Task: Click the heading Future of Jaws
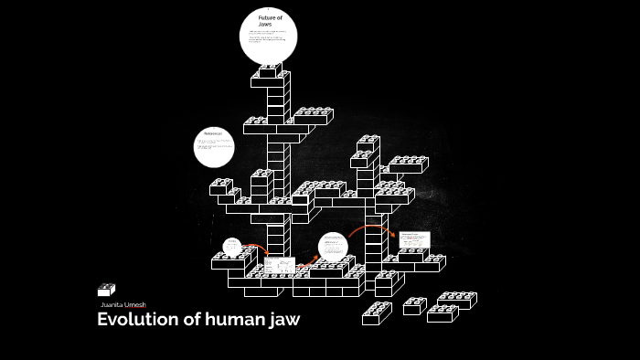[269, 21]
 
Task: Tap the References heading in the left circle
[213, 135]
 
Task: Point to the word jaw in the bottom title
[283, 320]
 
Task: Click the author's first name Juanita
[112, 304]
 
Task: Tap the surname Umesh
[134, 304]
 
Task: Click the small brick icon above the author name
[106, 290]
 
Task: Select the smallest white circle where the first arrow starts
[232, 247]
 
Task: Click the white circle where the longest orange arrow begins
[334, 247]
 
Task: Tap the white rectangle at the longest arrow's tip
[413, 239]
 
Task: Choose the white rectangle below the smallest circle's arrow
[281, 265]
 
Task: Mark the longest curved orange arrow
[369, 228]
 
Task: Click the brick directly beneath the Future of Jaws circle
[270, 70]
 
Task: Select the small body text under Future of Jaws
[268, 38]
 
